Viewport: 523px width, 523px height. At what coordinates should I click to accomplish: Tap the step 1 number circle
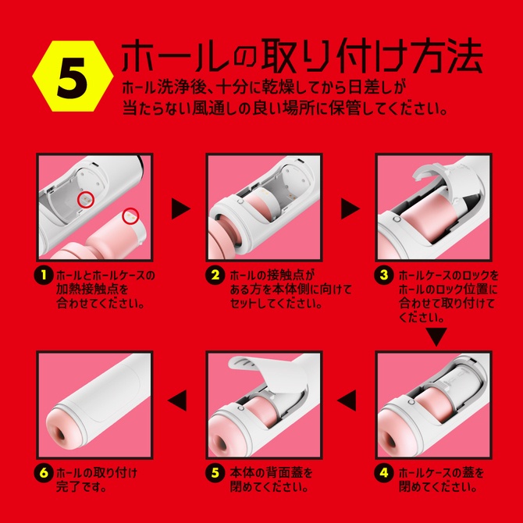pyautogui.click(x=44, y=276)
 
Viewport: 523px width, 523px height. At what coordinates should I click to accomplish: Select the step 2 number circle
pyautogui.click(x=215, y=276)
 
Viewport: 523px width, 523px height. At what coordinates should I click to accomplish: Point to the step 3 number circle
pyautogui.click(x=383, y=276)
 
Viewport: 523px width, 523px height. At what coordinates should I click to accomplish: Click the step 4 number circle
pyautogui.click(x=383, y=472)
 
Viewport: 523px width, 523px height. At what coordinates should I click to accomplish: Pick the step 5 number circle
pyautogui.click(x=215, y=472)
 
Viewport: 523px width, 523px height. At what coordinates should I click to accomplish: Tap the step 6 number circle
pyautogui.click(x=44, y=472)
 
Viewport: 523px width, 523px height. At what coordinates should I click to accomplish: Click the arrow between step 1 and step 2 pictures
pyautogui.click(x=181, y=208)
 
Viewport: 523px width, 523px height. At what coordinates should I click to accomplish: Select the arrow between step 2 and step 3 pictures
pyautogui.click(x=350, y=208)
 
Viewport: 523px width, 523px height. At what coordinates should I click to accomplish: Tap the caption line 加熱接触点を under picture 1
pyautogui.click(x=90, y=290)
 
